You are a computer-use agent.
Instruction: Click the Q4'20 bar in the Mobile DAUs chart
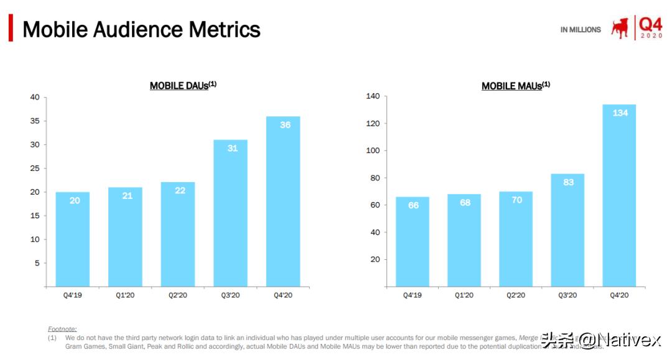[283, 201]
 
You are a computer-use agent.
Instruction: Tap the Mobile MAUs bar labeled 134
[619, 195]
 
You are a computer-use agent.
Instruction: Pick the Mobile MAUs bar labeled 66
[413, 242]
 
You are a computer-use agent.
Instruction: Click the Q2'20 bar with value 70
[516, 239]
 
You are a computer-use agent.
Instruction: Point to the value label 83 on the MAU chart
[567, 182]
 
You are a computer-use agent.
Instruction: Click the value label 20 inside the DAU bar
[74, 201]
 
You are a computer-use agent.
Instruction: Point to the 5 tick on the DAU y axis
[37, 263]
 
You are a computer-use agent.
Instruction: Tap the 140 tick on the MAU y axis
[372, 96]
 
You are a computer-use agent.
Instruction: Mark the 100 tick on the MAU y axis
[372, 150]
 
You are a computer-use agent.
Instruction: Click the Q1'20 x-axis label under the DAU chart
[125, 295]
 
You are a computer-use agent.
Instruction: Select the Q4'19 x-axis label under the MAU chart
[412, 295]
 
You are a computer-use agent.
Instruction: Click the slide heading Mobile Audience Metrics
[141, 29]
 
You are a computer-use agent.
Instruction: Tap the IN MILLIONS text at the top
[581, 29]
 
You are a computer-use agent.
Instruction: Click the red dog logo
[620, 29]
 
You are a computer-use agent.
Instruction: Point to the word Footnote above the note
[62, 328]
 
